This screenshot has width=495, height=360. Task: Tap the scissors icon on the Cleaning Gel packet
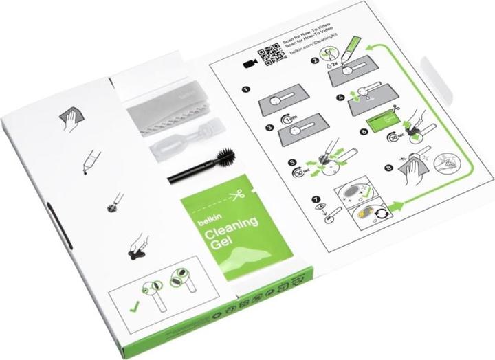coord(236,197)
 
